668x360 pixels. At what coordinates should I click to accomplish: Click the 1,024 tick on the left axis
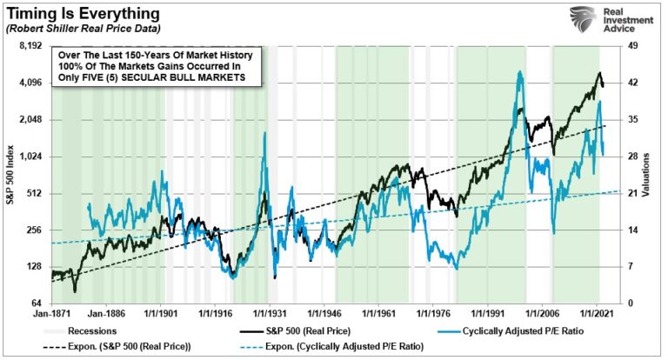30,157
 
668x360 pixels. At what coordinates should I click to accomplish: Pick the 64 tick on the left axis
36,303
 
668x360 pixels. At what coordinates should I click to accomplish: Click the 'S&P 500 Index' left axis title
10,174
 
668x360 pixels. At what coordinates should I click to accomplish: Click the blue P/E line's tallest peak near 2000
520,73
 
